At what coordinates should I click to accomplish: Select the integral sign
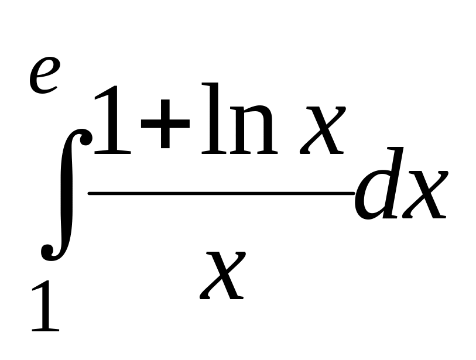(64, 193)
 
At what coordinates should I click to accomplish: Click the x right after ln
(320, 133)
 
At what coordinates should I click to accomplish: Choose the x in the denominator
(223, 275)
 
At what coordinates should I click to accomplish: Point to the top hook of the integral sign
(85, 138)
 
